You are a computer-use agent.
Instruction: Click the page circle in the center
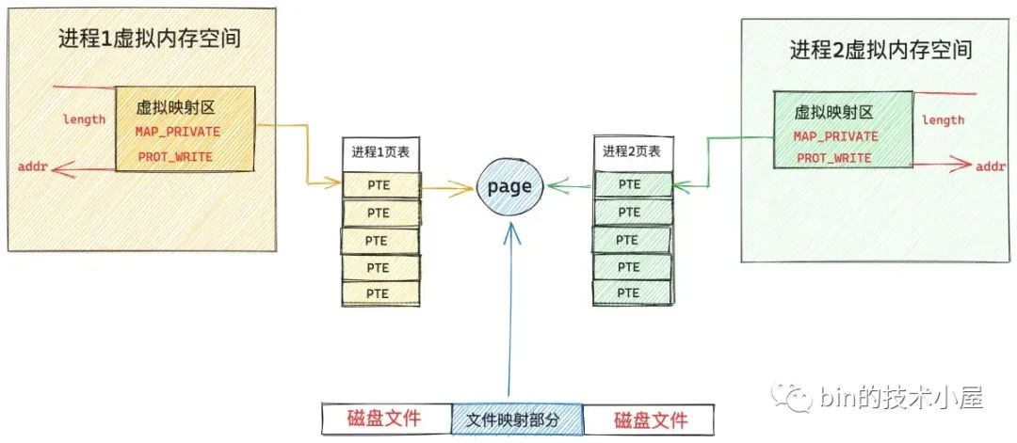pyautogui.click(x=508, y=187)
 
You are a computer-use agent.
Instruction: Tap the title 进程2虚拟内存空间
pyautogui.click(x=881, y=50)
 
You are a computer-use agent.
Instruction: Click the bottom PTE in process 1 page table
pyautogui.click(x=379, y=293)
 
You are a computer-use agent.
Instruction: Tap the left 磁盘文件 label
pyautogui.click(x=383, y=419)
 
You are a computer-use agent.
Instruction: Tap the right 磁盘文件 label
pyautogui.click(x=650, y=419)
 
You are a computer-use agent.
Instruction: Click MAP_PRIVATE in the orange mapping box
pyautogui.click(x=177, y=132)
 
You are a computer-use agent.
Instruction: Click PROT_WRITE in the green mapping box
pyautogui.click(x=833, y=158)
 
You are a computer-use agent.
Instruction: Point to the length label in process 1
pyautogui.click(x=84, y=119)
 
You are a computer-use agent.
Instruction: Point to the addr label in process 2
pyautogui.click(x=990, y=166)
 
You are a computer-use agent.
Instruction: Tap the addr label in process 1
pyautogui.click(x=33, y=167)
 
